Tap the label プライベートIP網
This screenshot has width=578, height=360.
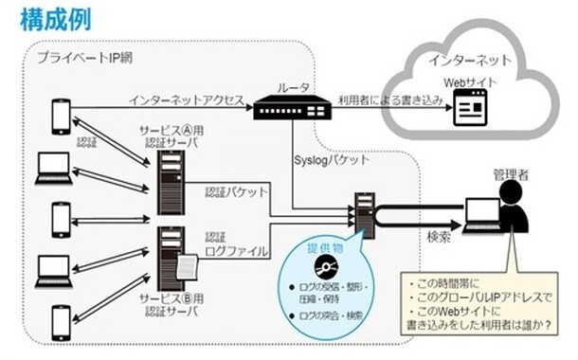pyautogui.click(x=84, y=58)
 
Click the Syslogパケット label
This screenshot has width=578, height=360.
pyautogui.click(x=334, y=160)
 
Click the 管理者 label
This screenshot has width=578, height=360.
pyautogui.click(x=511, y=174)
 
